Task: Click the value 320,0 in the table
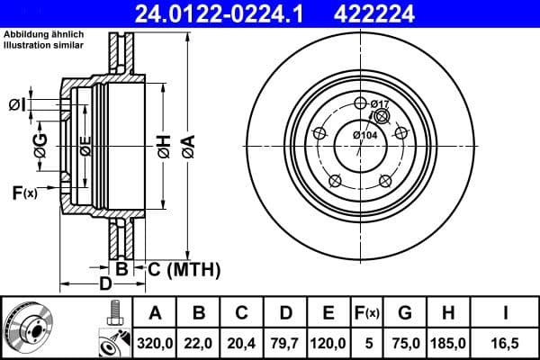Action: point(156,342)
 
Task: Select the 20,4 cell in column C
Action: point(242,342)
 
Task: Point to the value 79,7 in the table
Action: point(284,342)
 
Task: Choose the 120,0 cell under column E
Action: point(328,342)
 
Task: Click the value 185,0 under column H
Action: point(447,342)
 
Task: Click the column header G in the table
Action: point(404,313)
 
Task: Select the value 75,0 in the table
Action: point(404,342)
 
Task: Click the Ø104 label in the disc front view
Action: point(364,135)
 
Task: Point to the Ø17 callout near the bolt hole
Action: point(380,105)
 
